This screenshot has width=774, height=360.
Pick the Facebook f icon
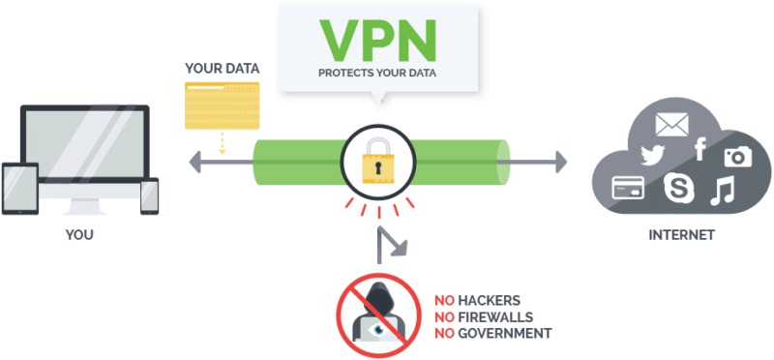point(700,148)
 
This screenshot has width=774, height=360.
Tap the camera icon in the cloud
point(737,156)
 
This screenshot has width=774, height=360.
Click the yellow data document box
point(223,103)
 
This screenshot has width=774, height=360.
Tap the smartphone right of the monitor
point(149,194)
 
